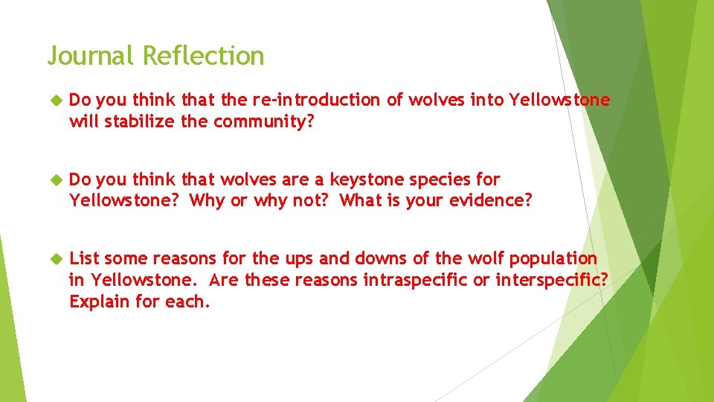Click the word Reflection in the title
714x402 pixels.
(203, 56)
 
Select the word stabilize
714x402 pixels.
(141, 121)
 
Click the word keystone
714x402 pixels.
(367, 179)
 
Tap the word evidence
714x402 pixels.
(491, 200)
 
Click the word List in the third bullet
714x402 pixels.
(84, 258)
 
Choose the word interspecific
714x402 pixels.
(551, 279)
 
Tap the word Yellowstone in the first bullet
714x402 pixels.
(559, 100)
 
